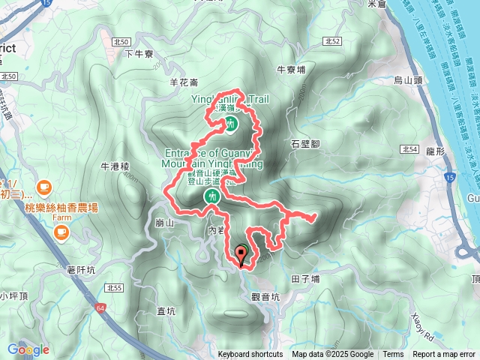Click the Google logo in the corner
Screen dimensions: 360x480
tap(28, 349)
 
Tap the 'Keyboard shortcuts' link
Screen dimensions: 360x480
tap(250, 355)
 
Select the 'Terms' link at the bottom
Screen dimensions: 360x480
tap(393, 355)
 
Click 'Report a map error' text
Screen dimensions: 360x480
tap(443, 355)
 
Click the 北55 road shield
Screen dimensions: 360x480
tap(115, 287)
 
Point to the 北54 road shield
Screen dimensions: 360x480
tap(409, 150)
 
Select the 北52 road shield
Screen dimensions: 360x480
tap(334, 40)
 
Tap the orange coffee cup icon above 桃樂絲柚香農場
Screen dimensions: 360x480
tap(43, 186)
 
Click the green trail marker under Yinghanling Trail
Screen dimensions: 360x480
tap(232, 123)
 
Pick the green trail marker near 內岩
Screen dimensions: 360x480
tap(212, 196)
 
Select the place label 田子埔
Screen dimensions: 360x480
tap(304, 279)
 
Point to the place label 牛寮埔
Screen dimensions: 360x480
tap(291, 69)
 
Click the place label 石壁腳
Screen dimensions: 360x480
tap(306, 142)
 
